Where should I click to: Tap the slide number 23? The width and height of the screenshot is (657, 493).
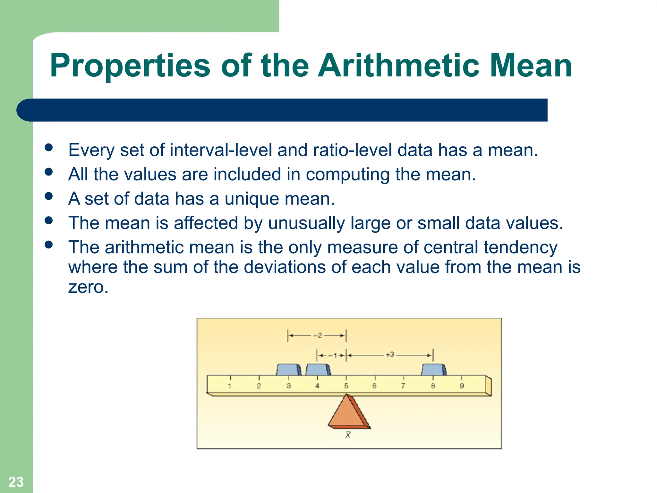coord(16,482)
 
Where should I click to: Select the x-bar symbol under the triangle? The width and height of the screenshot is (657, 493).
coord(348,435)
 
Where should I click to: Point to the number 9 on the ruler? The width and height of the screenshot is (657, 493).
coord(462,386)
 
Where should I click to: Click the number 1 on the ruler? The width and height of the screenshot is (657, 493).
coord(230,386)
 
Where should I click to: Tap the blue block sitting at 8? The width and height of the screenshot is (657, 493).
coord(433,370)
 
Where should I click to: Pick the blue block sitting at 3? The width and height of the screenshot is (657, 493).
coord(288,370)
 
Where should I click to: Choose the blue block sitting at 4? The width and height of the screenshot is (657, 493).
coord(317,370)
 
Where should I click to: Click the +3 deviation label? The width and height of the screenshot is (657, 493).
coord(390,355)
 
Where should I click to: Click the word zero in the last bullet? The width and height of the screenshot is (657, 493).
coord(88,287)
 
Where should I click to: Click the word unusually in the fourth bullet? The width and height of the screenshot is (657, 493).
coord(306,223)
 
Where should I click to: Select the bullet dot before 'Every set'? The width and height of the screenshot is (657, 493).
coord(49,147)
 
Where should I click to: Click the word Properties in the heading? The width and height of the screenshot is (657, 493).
coord(130,66)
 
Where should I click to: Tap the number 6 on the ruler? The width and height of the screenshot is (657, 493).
coord(374,386)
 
